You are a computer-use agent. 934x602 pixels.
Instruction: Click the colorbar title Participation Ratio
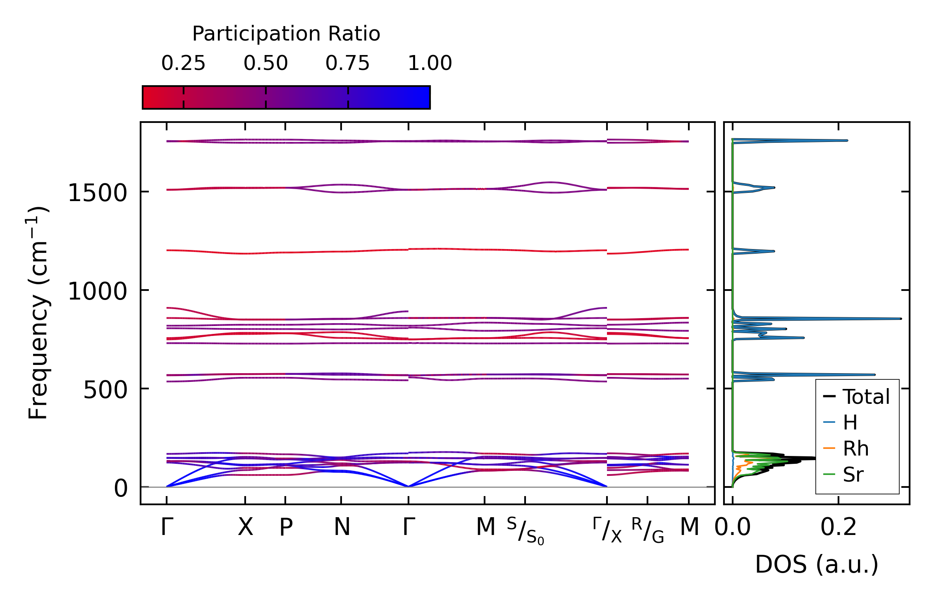click(x=286, y=34)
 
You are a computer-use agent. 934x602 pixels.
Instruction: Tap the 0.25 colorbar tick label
click(x=183, y=63)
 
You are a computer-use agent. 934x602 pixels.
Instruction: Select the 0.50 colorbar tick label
click(x=265, y=63)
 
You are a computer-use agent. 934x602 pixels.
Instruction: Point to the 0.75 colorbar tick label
click(x=347, y=63)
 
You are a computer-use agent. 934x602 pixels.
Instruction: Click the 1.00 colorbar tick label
click(x=430, y=63)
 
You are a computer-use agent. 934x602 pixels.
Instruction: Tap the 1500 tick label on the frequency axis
click(x=97, y=193)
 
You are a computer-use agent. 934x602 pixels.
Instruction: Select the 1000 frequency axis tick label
click(x=97, y=291)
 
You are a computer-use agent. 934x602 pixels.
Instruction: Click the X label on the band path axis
click(x=245, y=527)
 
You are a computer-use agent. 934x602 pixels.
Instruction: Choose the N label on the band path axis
click(x=342, y=527)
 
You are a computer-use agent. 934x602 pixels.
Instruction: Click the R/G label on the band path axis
click(x=647, y=530)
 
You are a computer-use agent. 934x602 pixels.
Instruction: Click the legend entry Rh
click(x=855, y=449)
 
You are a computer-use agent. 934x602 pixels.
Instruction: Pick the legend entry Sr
click(x=853, y=475)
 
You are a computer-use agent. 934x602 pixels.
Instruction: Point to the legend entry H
click(x=850, y=423)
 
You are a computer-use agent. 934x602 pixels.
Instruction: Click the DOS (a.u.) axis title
click(x=817, y=565)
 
